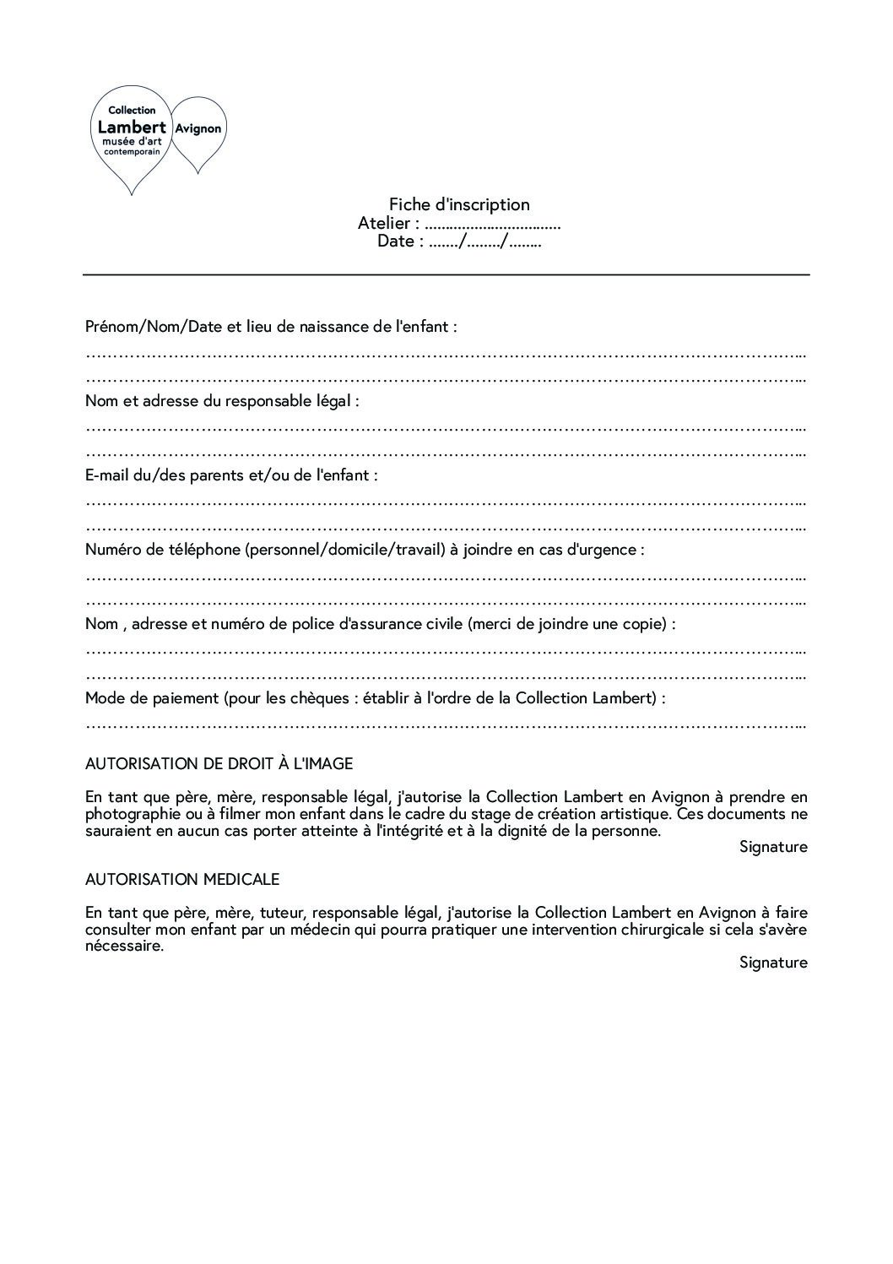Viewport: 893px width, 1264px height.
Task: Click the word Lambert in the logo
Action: coord(132,127)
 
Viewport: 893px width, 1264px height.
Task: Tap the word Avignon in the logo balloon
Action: coord(198,129)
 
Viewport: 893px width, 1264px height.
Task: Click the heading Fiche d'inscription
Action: coord(459,204)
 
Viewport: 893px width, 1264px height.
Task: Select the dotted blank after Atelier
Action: coord(493,225)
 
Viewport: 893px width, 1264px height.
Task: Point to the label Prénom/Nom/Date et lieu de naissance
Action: coord(271,327)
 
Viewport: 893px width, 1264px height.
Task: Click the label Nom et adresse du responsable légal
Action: coord(222,401)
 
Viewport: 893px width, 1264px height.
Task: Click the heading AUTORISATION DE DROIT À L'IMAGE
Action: coord(219,764)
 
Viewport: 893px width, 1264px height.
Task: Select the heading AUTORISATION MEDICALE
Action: coord(181,880)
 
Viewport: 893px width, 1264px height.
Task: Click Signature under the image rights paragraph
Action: coord(773,847)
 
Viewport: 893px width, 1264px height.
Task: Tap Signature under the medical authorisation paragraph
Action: coord(773,963)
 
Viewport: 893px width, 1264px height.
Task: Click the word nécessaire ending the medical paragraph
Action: coord(124,947)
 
